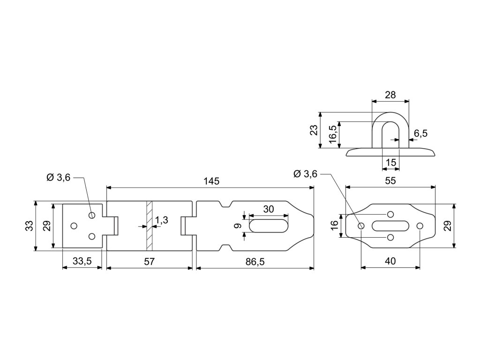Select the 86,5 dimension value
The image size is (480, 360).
coord(255,262)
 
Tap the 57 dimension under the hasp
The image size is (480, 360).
coord(149,262)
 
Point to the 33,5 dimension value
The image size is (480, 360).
coord(82,262)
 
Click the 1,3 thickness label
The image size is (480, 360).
coord(162,220)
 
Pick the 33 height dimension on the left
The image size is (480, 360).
coord(30,226)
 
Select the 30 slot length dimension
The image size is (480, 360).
coord(269,210)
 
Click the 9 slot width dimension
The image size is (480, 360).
coord(238,226)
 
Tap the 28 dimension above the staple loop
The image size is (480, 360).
coord(390,95)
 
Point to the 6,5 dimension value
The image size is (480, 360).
coord(420,134)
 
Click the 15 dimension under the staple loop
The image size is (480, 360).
coord(390,163)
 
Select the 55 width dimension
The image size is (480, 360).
coord(390,180)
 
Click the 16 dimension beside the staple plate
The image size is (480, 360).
coord(334,226)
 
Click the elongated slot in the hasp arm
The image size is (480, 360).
coord(269,226)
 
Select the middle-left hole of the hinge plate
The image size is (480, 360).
coord(74,226)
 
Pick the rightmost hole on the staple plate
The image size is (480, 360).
coord(420,226)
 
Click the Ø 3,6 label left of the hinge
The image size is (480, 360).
coord(58,178)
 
